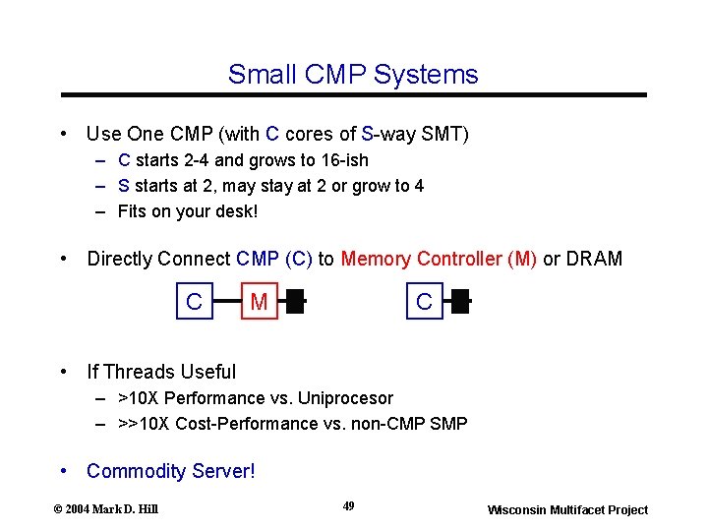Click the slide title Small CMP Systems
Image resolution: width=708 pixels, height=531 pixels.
point(353,75)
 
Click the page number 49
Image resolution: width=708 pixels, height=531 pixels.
point(348,505)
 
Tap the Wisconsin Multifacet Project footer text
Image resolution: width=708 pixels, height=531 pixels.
point(567,509)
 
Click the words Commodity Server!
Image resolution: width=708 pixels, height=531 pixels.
point(170,471)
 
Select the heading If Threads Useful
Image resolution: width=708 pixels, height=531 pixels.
point(161,372)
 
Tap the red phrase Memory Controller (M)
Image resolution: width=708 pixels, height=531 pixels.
point(439,259)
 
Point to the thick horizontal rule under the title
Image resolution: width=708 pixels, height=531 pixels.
point(354,94)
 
